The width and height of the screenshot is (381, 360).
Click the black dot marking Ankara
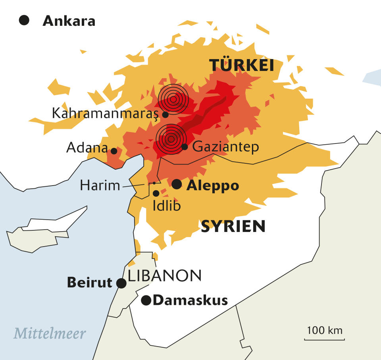click(x=24, y=20)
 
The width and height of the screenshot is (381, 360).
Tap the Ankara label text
click(x=69, y=21)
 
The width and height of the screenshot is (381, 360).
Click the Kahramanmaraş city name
click(x=105, y=114)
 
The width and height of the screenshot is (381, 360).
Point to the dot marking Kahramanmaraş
click(x=165, y=115)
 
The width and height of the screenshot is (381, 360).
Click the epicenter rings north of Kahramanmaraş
click(x=173, y=99)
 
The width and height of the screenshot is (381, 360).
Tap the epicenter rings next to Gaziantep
click(x=171, y=139)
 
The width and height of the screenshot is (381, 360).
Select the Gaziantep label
click(x=225, y=147)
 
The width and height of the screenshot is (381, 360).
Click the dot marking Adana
click(x=114, y=151)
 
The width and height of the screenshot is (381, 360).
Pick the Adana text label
click(x=87, y=148)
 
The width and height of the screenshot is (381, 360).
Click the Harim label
click(x=100, y=185)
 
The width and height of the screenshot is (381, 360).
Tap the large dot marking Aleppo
click(x=177, y=184)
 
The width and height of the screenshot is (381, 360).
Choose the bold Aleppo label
click(x=213, y=185)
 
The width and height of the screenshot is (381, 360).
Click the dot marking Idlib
click(x=156, y=193)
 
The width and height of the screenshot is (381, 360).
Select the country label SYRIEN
click(x=233, y=226)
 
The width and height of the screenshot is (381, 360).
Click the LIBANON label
click(x=165, y=275)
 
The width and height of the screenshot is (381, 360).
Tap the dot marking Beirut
click(x=121, y=283)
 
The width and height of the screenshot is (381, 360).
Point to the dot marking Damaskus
click(x=146, y=301)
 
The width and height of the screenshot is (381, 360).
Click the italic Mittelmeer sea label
click(x=50, y=333)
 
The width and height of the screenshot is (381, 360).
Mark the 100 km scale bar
click(x=325, y=339)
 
